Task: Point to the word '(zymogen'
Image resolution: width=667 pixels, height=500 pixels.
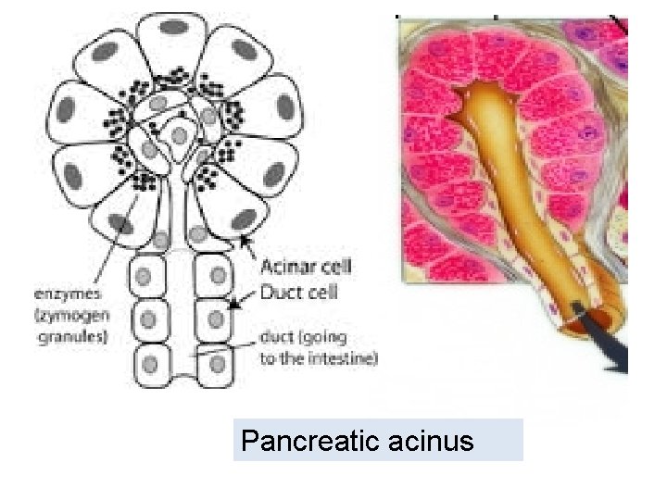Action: pyautogui.click(x=73, y=315)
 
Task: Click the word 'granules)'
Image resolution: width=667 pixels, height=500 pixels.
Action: pyautogui.click(x=73, y=336)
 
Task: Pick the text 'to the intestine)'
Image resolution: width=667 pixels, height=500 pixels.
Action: pyautogui.click(x=319, y=359)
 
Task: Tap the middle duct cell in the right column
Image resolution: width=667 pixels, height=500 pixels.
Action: pyautogui.click(x=216, y=318)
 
